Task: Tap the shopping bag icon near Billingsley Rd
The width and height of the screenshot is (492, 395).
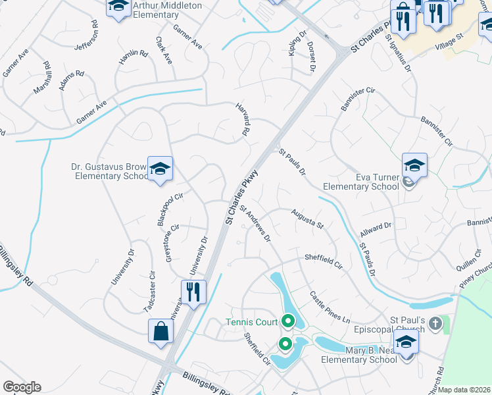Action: (x=160, y=332)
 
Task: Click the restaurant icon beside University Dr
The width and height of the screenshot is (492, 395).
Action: (x=193, y=292)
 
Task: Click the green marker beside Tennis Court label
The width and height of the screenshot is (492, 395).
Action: (x=287, y=322)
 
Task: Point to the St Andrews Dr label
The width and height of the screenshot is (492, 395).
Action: (x=255, y=224)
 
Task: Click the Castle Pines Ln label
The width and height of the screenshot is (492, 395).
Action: (x=330, y=307)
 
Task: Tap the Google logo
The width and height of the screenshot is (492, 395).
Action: (x=22, y=386)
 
